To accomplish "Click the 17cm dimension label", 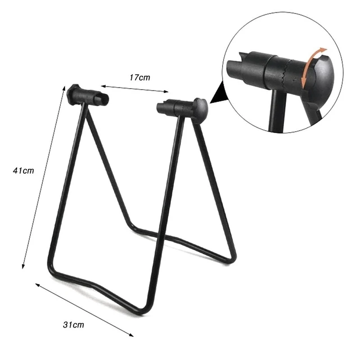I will (x=140, y=77).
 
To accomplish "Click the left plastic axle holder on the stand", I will (x=90, y=94).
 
